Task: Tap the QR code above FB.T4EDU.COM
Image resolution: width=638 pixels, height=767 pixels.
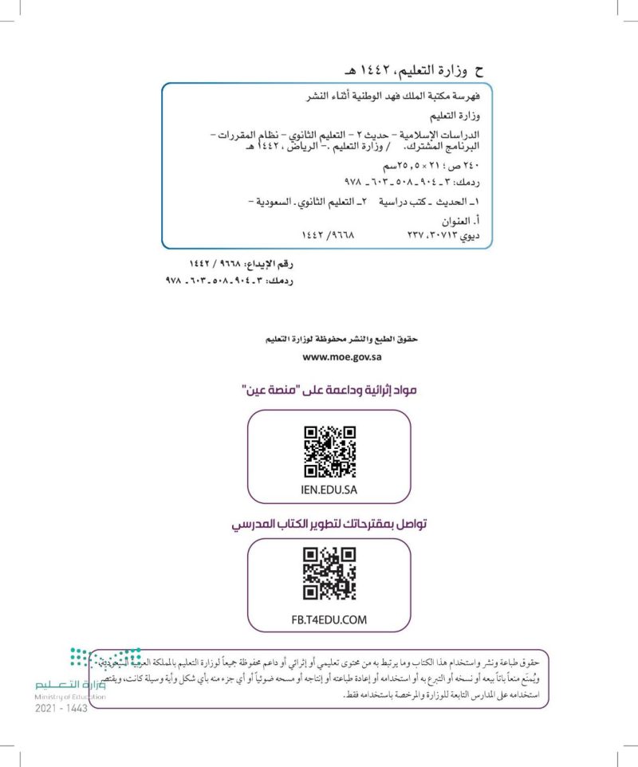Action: pyautogui.click(x=329, y=573)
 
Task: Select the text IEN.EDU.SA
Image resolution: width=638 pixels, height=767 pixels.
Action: pyautogui.click(x=329, y=489)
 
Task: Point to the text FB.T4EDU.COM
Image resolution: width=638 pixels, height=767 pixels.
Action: pyautogui.click(x=329, y=619)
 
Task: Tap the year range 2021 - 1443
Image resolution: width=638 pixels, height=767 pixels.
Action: pyautogui.click(x=61, y=709)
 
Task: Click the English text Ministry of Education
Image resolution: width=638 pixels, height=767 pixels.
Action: pyautogui.click(x=70, y=696)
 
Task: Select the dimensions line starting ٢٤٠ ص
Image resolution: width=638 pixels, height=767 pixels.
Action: pyautogui.click(x=441, y=167)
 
